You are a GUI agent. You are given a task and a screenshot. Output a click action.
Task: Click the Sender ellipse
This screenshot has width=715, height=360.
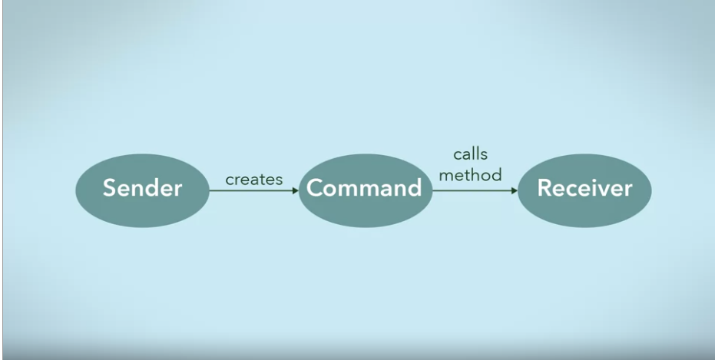point(142,190)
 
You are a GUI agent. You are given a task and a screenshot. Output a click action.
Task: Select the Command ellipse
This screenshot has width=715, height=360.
point(365,190)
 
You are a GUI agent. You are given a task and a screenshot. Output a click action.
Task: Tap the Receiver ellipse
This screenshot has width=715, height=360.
point(584,190)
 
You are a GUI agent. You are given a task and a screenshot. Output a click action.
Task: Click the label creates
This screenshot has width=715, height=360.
point(254,180)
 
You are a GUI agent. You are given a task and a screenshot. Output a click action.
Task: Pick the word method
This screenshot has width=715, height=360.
point(471,175)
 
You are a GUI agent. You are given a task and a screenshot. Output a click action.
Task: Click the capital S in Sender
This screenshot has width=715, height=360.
point(109,188)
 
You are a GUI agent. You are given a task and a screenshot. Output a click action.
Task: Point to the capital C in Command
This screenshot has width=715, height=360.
point(315,188)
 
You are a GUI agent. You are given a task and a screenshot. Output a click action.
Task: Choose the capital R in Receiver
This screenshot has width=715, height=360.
point(545,188)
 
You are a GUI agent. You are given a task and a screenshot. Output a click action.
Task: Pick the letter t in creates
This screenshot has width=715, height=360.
point(262,180)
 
